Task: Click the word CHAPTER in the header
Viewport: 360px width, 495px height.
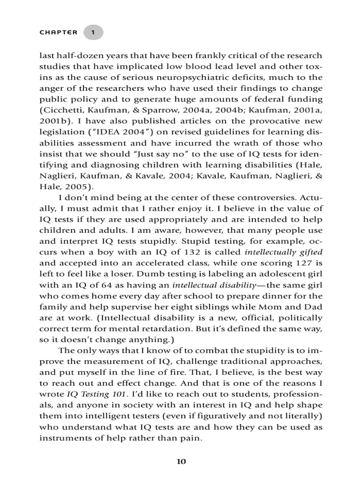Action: [58, 32]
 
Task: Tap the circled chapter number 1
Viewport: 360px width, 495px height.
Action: [93, 33]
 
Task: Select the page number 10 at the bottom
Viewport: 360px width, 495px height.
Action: [181, 462]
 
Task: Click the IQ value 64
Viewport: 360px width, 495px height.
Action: [101, 285]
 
